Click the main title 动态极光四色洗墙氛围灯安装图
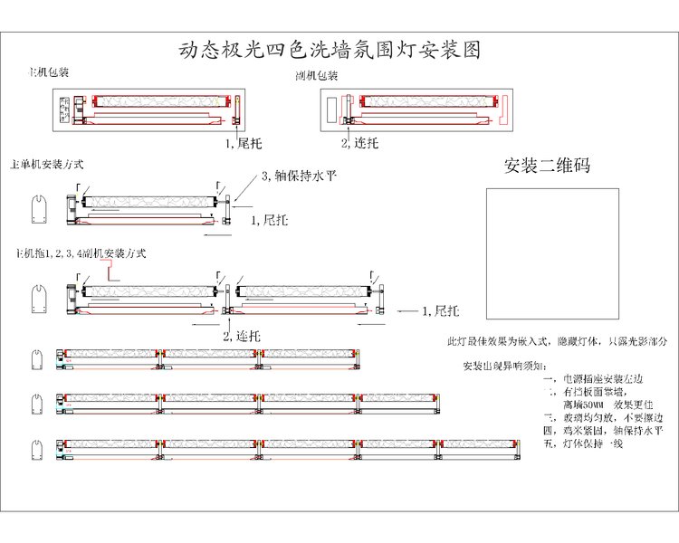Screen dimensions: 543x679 [x=330, y=50]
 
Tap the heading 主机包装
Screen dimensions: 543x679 [x=50, y=71]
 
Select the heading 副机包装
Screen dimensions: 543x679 [x=316, y=76]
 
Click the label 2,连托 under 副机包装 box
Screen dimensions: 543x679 [x=359, y=143]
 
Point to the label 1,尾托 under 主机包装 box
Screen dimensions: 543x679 [x=243, y=143]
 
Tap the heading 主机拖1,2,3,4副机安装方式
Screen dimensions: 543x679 [x=81, y=252]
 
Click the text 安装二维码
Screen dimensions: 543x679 [x=547, y=167]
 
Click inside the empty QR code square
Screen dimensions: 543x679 [x=552, y=253]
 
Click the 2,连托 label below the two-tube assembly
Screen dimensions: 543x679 [x=242, y=336]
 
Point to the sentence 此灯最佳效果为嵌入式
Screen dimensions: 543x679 [x=557, y=342]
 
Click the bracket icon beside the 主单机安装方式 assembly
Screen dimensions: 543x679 [x=38, y=210]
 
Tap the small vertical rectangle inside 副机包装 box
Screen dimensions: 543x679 [x=332, y=106]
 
